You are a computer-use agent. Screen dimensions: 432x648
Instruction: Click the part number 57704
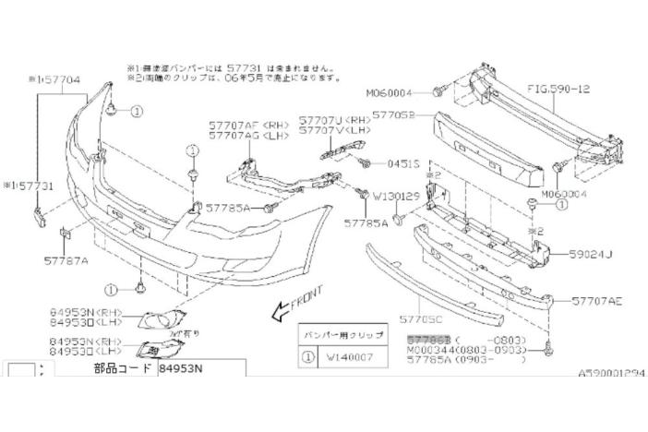click(66, 80)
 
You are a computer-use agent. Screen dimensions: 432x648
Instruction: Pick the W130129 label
click(396, 197)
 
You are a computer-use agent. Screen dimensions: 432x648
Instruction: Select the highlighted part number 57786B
click(428, 340)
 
